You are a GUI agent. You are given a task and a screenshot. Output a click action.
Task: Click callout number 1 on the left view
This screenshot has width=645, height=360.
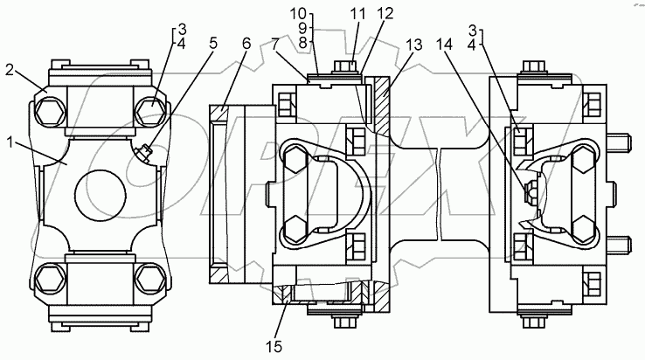click(11, 143)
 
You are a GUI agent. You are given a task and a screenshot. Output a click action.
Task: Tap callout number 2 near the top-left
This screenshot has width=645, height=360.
click(11, 70)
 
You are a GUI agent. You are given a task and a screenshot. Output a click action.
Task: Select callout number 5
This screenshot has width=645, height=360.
click(212, 44)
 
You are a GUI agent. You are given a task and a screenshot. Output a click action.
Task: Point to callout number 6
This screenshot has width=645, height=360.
click(246, 43)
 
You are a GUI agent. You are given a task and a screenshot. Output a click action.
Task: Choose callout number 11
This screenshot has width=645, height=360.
click(357, 14)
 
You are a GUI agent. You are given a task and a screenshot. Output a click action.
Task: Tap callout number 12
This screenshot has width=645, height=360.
click(385, 14)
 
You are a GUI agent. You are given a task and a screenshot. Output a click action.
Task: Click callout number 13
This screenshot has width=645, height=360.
click(413, 45)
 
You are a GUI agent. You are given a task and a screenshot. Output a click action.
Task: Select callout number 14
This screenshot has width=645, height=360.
click(445, 44)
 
